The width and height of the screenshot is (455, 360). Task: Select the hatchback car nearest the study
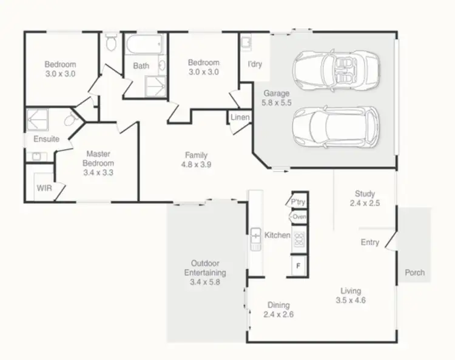[335, 128]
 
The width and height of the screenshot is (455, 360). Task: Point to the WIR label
[44, 188]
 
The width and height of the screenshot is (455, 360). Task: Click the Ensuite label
[47, 139]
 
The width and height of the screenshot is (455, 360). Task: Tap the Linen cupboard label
[240, 117]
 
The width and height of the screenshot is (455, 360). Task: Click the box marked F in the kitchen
[298, 265]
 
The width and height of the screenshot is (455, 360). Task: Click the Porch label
[415, 273]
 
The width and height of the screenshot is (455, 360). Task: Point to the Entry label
[370, 242]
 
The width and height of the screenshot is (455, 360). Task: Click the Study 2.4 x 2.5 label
[365, 199]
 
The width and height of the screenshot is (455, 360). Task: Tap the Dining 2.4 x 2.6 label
[278, 310]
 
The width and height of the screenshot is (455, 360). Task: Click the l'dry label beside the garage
[255, 64]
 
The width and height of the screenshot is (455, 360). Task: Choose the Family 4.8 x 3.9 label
[197, 159]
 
